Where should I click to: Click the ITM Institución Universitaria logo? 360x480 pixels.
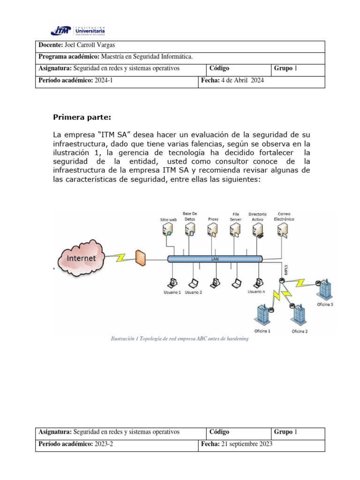pos(78,30)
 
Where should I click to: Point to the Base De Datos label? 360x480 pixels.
pos(189,216)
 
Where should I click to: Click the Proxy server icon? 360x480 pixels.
pos(212,230)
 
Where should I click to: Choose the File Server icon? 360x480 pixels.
pos(235,230)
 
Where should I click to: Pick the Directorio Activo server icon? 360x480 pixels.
pos(257,230)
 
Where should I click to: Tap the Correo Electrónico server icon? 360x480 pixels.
pos(282,230)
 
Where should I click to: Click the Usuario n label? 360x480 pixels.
pos(256,292)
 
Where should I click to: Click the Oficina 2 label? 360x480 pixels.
pos(300,331)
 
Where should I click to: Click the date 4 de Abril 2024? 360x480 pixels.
pos(242,81)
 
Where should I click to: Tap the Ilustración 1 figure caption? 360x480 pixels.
pos(179,339)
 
